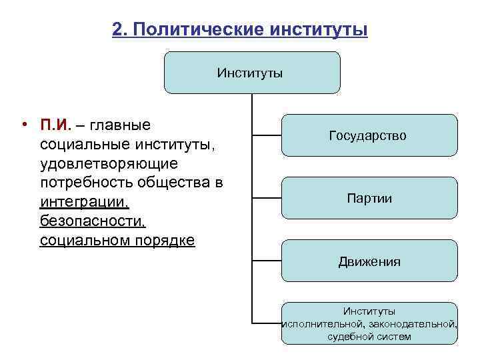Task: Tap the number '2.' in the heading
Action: click(x=121, y=30)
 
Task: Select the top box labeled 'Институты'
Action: click(x=252, y=73)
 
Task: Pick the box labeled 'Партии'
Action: click(x=369, y=198)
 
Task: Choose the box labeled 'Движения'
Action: click(x=369, y=261)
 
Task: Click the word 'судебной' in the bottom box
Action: click(x=348, y=337)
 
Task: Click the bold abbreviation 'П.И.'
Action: click(x=56, y=125)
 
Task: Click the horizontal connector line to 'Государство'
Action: click(x=266, y=136)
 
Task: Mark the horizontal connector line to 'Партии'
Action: click(x=266, y=199)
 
